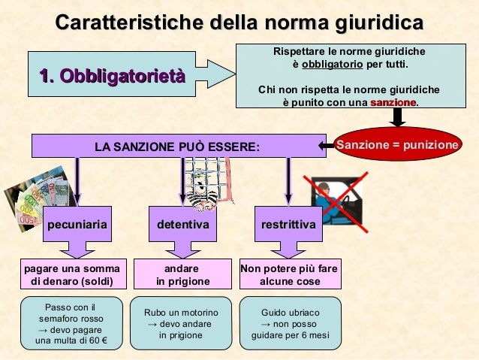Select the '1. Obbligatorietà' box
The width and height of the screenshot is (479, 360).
[111, 75]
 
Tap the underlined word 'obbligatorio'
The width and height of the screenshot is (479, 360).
[333, 65]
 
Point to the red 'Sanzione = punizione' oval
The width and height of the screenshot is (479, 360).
[397, 144]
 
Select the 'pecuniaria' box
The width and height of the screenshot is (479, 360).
[77, 224]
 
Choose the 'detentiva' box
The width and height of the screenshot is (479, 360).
[182, 224]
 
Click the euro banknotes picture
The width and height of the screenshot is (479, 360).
[38, 197]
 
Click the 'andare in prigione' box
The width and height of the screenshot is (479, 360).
[182, 275]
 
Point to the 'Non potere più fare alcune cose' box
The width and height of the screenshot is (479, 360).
[289, 275]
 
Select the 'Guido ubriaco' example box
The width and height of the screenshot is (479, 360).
[290, 324]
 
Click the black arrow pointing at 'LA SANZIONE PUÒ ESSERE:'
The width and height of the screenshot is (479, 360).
[324, 145]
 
